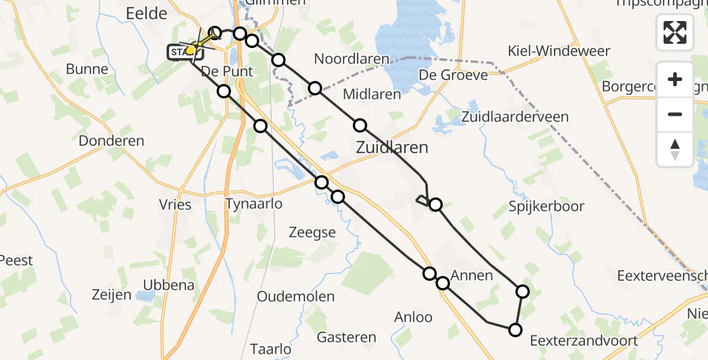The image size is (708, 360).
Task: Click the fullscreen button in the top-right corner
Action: [675, 32]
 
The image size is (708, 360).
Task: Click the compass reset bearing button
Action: [675, 149]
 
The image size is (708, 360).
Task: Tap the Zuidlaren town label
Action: [392, 147]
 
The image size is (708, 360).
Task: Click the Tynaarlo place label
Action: [254, 204]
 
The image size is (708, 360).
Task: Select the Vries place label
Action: [176, 205]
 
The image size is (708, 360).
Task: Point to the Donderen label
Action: [112, 142]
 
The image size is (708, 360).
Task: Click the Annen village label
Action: [472, 276]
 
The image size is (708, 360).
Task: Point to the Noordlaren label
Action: [351, 59]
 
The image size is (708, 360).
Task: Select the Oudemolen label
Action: [296, 297]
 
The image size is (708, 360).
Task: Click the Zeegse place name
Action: [312, 233]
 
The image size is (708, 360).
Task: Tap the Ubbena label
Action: [169, 285]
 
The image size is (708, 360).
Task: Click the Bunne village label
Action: [87, 69]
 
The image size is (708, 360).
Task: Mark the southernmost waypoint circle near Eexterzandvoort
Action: [515, 329]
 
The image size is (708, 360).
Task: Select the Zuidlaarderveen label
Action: [515, 116]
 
